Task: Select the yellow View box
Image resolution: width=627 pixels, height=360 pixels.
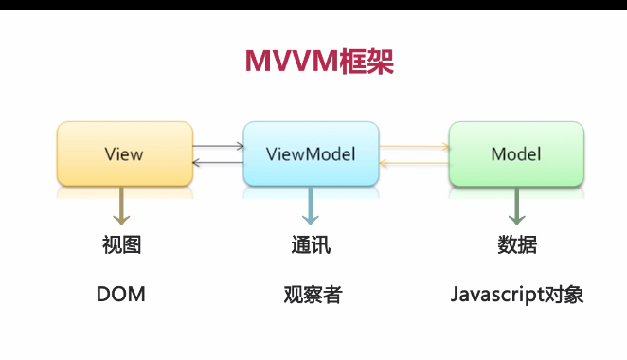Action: click(124, 153)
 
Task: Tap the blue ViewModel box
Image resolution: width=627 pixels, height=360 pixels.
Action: click(311, 153)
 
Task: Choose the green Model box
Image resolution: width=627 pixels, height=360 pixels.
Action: click(516, 153)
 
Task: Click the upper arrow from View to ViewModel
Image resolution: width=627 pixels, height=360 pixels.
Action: click(218, 147)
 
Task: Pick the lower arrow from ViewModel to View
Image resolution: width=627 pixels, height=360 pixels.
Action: click(218, 163)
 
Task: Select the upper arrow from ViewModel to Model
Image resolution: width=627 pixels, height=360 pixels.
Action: click(414, 147)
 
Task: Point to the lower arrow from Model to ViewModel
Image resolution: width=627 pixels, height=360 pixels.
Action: click(414, 163)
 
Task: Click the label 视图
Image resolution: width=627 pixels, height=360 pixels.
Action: click(121, 244)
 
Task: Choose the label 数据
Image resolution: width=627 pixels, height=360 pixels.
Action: click(517, 244)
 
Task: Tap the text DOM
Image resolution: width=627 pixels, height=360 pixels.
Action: click(121, 295)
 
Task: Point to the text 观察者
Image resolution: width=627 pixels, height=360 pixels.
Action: click(312, 295)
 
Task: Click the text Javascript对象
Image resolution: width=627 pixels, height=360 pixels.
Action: click(517, 295)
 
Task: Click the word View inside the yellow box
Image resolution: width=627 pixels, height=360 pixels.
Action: click(124, 153)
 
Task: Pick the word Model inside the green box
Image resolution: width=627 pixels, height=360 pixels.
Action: click(516, 153)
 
